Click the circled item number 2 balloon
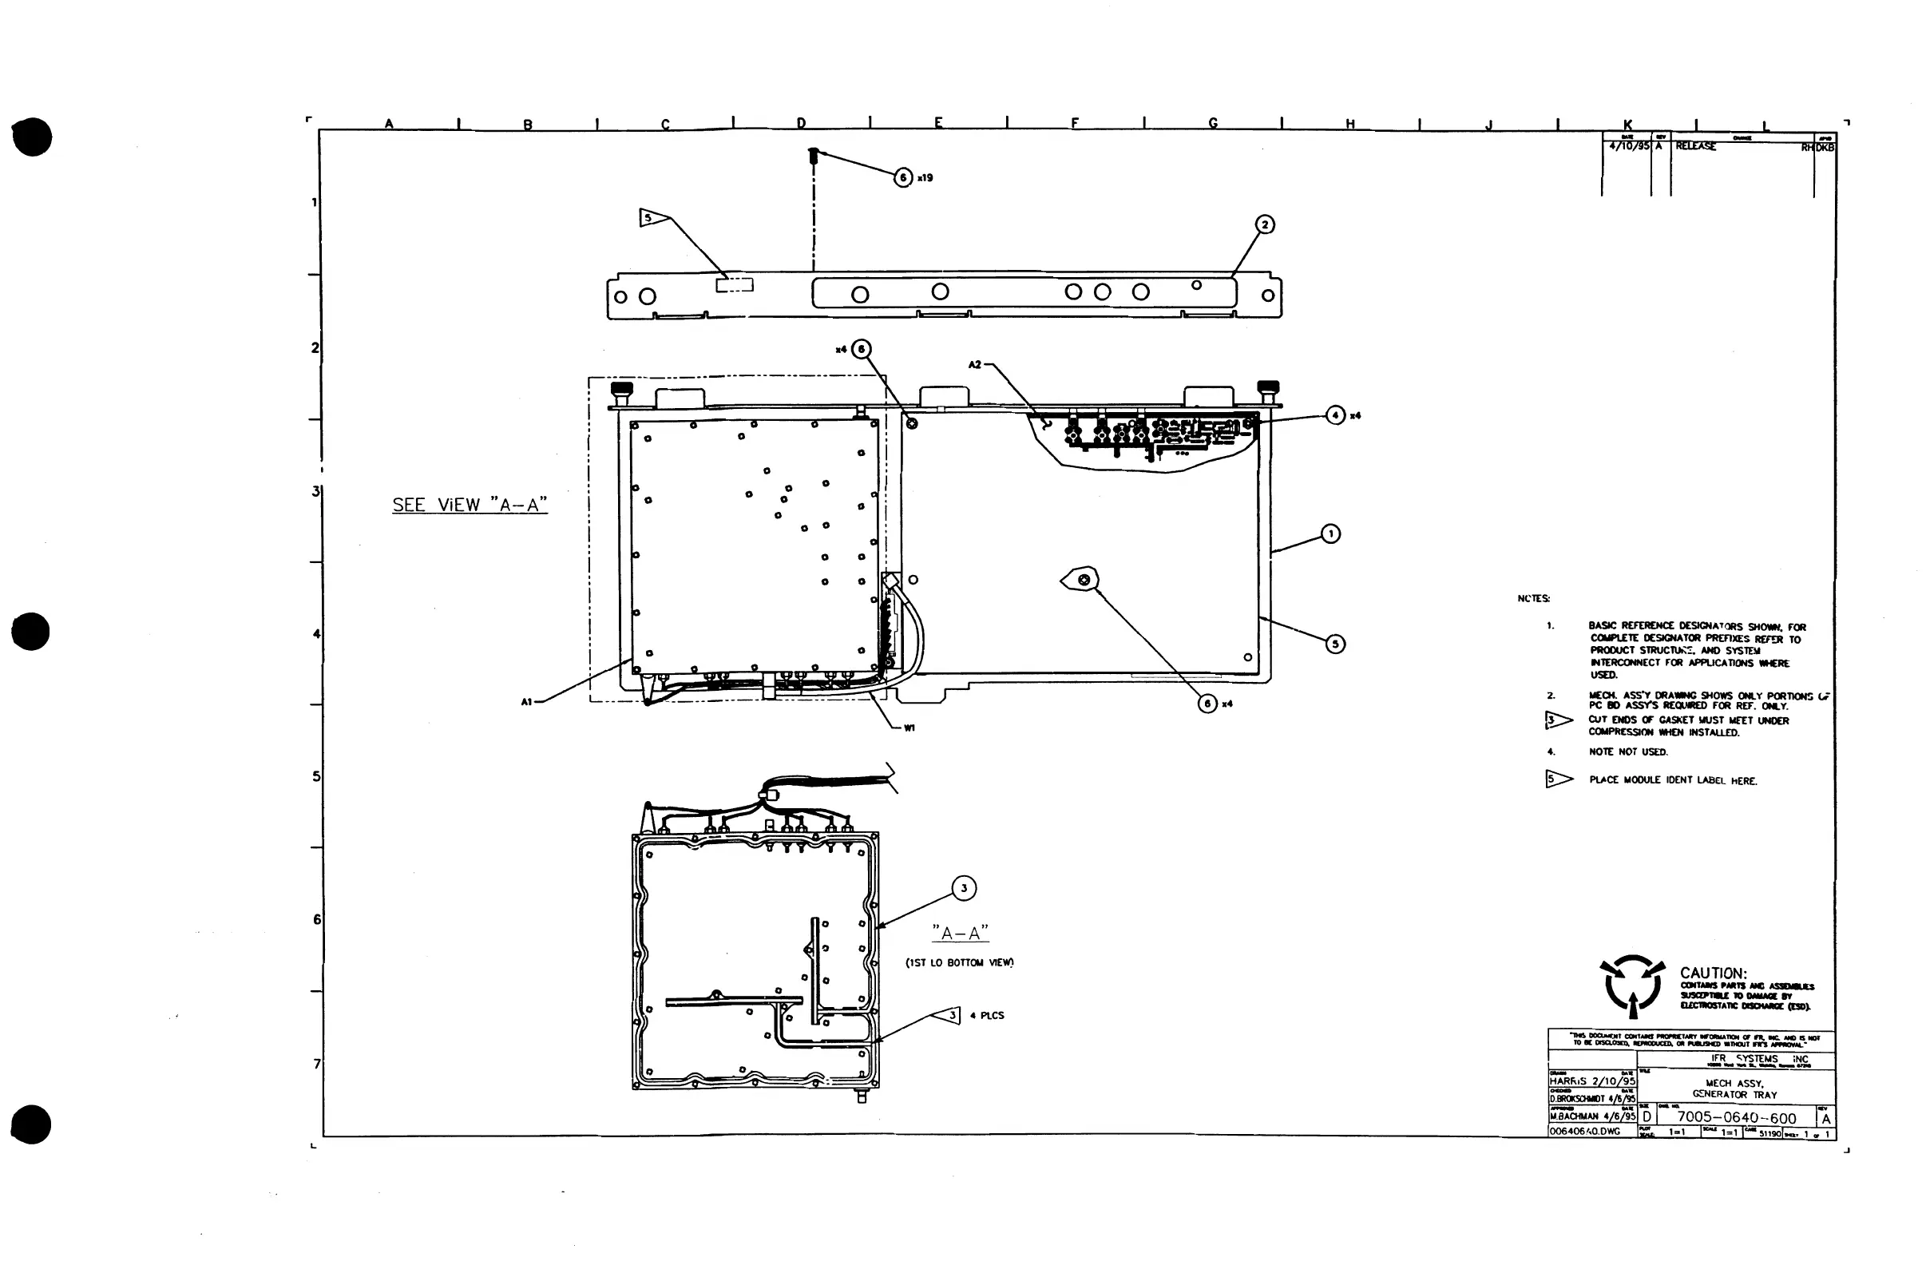tap(1265, 225)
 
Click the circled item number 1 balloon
tap(1330, 534)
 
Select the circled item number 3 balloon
tap(963, 888)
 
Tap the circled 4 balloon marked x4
tap(1335, 415)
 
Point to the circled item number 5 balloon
tap(1335, 644)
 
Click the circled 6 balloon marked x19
tap(903, 177)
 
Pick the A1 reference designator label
tap(527, 702)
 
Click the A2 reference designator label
tap(975, 365)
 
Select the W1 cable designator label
tap(909, 728)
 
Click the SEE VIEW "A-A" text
tap(470, 505)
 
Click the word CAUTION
tap(1713, 973)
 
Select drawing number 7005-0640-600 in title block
tap(1737, 1118)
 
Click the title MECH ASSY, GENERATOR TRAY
tap(1734, 1089)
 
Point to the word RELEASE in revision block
tap(1695, 146)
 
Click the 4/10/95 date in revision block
tap(1628, 146)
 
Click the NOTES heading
tap(1533, 599)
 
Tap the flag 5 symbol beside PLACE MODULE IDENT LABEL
tap(1558, 779)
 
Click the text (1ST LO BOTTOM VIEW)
tap(960, 962)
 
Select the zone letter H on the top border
tap(1350, 124)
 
